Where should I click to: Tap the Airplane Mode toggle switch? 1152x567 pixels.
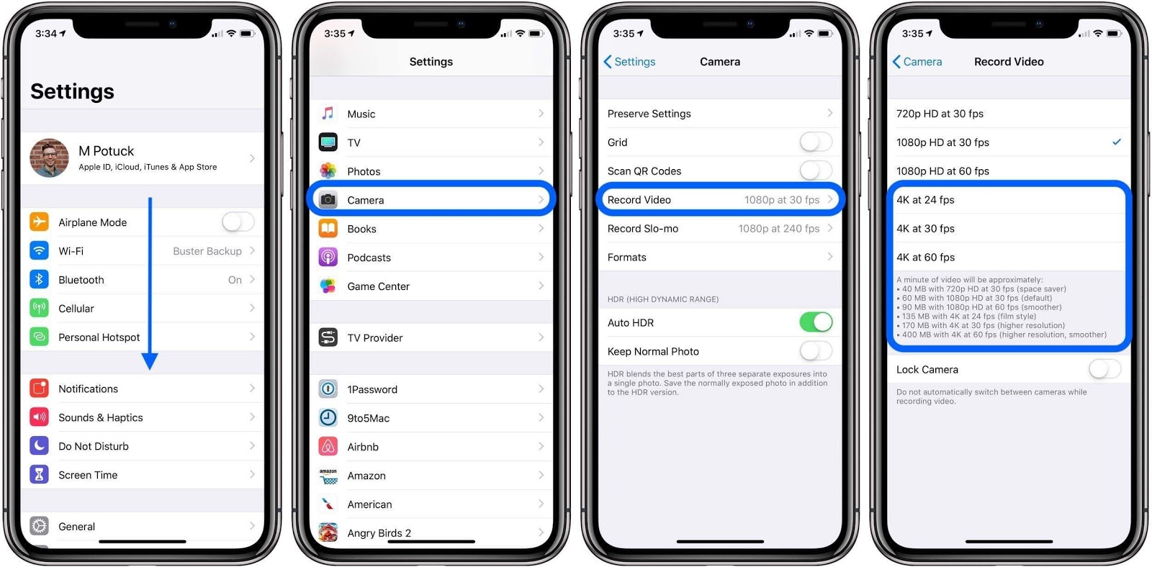[x=238, y=222]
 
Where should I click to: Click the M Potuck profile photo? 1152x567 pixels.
[x=49, y=158]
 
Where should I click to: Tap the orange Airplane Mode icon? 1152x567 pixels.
[x=40, y=222]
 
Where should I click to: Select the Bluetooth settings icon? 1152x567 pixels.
[x=40, y=279]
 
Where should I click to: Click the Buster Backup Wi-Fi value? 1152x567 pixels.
[x=207, y=251]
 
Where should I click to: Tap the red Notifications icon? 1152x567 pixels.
[x=40, y=389]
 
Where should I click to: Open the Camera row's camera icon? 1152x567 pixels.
[x=328, y=200]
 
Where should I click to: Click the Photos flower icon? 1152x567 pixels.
[x=328, y=171]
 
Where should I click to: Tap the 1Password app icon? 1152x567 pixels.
[x=328, y=389]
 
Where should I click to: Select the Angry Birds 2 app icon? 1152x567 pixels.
[x=328, y=532]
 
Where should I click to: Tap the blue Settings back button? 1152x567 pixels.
[x=629, y=62]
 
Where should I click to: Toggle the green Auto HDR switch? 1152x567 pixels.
[x=816, y=322]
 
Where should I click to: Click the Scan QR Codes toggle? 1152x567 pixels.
[x=816, y=171]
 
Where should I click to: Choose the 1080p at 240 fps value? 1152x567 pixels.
[x=778, y=229]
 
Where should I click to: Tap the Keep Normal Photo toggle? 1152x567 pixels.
[x=816, y=351]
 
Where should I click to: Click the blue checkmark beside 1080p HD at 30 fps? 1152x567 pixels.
[x=1116, y=142]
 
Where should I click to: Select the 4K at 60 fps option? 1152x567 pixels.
[x=926, y=257]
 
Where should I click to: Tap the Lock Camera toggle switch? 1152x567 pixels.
[x=1104, y=369]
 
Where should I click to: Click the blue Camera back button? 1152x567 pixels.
[x=917, y=62]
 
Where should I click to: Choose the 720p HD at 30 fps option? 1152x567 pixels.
[x=940, y=114]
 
